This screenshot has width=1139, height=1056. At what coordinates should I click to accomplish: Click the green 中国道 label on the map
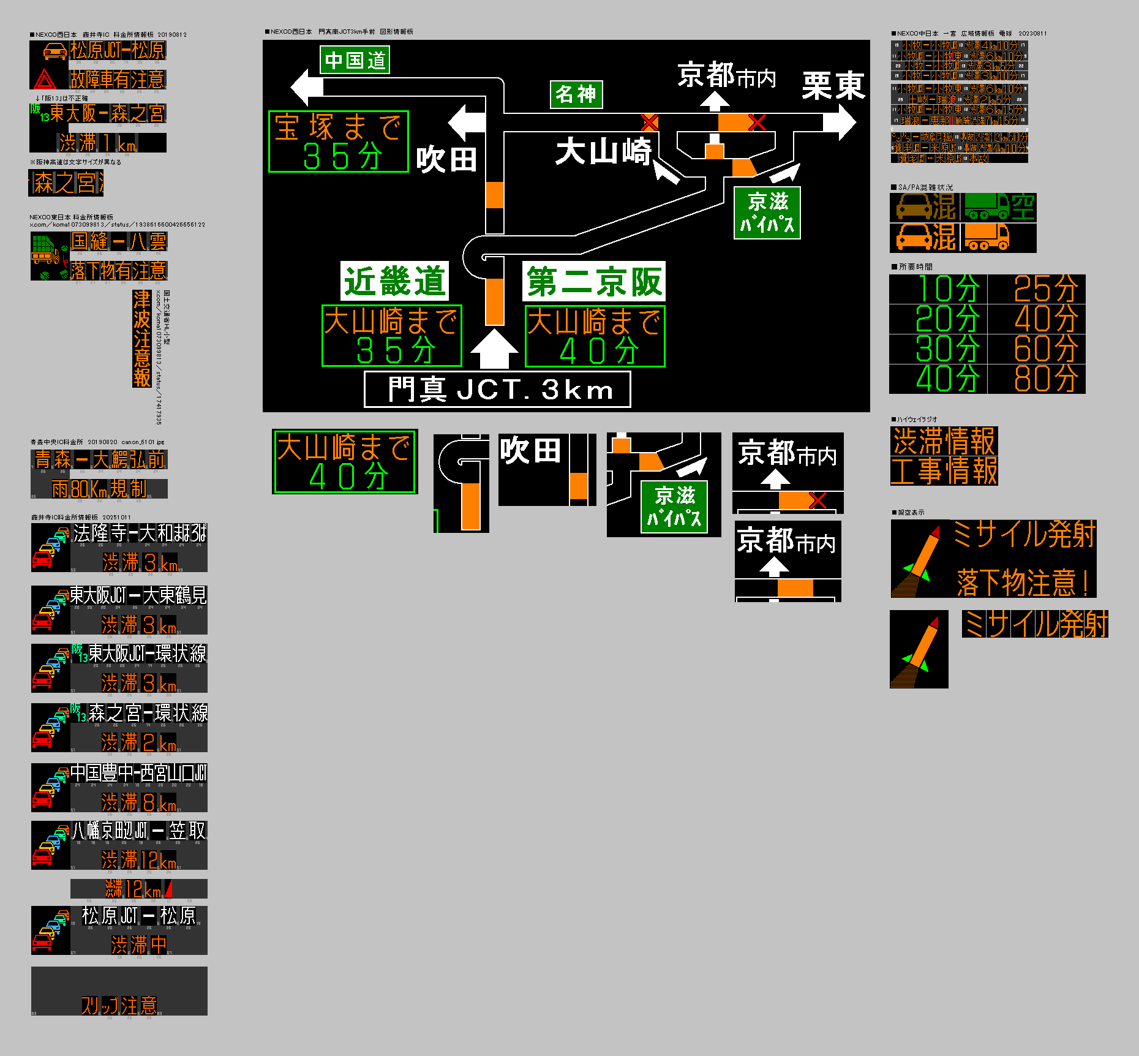pyautogui.click(x=355, y=60)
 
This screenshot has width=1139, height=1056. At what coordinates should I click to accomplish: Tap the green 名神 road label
pyautogui.click(x=576, y=94)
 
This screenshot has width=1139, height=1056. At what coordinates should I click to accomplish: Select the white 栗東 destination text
pyautogui.click(x=833, y=85)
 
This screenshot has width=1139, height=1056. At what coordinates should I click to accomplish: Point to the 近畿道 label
pyautogui.click(x=394, y=281)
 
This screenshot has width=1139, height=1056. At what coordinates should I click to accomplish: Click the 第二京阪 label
pyautogui.click(x=593, y=281)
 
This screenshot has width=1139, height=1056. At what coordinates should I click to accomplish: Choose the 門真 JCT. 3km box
pyautogui.click(x=497, y=390)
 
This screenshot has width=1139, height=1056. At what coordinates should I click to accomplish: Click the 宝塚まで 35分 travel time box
pyautogui.click(x=338, y=141)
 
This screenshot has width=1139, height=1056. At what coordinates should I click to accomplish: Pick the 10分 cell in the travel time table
pyautogui.click(x=946, y=289)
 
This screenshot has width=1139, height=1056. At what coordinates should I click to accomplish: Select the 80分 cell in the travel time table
pyautogui.click(x=1045, y=379)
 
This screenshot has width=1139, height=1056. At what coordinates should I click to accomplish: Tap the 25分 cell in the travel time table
pyautogui.click(x=1045, y=289)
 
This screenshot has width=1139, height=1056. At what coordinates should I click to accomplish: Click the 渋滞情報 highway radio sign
pyautogui.click(x=944, y=441)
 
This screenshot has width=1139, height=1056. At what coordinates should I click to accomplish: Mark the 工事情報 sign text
pyautogui.click(x=944, y=471)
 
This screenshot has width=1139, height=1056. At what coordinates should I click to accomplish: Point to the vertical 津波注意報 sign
pyautogui.click(x=141, y=338)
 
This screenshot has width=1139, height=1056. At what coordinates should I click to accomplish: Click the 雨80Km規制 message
pyautogui.click(x=99, y=489)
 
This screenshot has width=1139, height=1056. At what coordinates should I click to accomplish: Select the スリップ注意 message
pyautogui.click(x=119, y=1005)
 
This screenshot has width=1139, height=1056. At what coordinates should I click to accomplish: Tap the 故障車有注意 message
pyautogui.click(x=118, y=79)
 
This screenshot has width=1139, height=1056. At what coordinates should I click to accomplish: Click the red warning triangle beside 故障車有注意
pyautogui.click(x=45, y=80)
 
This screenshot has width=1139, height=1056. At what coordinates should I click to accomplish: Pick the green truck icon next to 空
pyautogui.click(x=987, y=206)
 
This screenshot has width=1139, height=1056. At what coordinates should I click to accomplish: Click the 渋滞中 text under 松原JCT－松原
pyautogui.click(x=139, y=944)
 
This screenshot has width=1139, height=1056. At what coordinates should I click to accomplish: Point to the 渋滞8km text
pyautogui.click(x=139, y=802)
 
